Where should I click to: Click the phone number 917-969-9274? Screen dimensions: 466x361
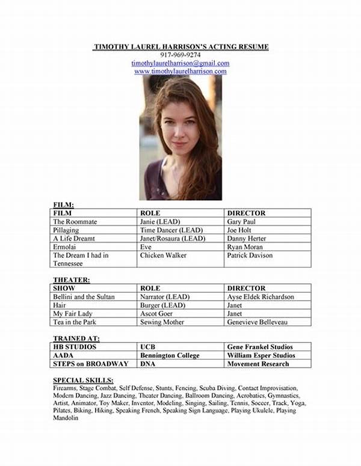point(180,55)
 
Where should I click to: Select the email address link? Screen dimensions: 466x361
point(180,63)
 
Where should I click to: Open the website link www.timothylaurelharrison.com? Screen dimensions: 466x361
point(180,71)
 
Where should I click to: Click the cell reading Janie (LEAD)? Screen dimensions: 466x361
point(160,221)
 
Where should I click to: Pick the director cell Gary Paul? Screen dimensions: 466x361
point(242,221)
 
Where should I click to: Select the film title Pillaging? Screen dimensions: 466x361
point(67,230)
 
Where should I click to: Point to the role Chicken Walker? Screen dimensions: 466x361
point(163,256)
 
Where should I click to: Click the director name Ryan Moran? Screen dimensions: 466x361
point(246,247)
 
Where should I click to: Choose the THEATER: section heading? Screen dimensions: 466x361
point(72,280)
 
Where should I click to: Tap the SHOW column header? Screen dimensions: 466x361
point(64,288)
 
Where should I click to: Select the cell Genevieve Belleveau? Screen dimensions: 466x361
point(257,322)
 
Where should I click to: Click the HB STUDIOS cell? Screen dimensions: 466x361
point(75,347)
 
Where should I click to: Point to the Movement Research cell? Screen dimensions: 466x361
point(259,364)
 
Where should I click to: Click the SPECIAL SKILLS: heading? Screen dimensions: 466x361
point(83,381)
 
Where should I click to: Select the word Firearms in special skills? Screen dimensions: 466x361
point(66,388)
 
